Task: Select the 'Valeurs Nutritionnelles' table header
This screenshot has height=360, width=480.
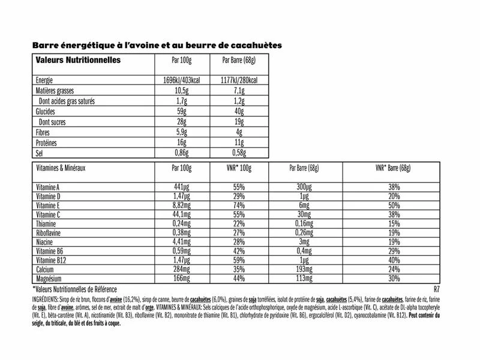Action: click(78, 61)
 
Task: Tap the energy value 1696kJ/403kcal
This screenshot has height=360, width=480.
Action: click(181, 81)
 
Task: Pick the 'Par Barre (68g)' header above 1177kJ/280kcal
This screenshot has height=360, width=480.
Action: click(239, 61)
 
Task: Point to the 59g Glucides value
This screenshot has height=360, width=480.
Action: click(181, 112)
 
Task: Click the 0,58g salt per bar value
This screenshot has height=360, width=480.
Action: click(239, 152)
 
